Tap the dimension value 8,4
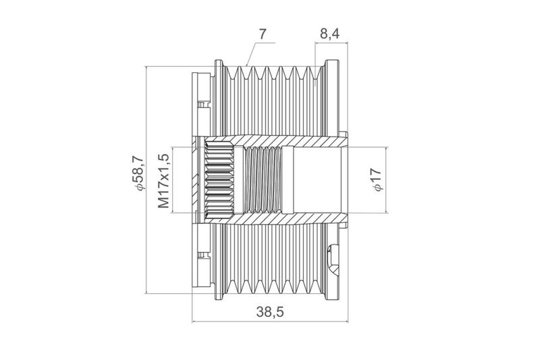tap(329, 34)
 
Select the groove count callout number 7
tap(263, 34)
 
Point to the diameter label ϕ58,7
tap(138, 173)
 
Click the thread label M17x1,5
tap(163, 181)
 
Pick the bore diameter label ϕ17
tap(377, 180)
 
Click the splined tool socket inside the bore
tap(219, 180)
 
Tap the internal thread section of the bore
tap(263, 180)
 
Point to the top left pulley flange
tap(219, 97)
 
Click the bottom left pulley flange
tap(219, 262)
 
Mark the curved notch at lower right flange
tap(333, 259)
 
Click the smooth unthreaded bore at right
tap(317, 180)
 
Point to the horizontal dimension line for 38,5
tap(269, 322)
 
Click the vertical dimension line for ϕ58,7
tap(146, 180)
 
